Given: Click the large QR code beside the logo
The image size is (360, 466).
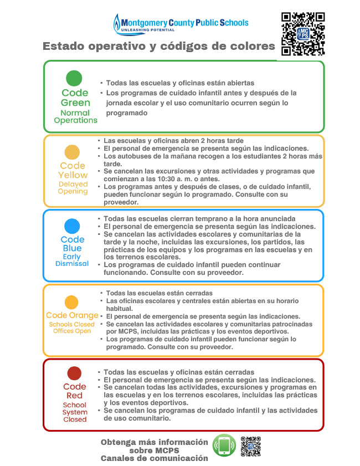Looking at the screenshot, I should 302,34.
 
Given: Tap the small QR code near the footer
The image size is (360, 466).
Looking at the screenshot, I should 250,446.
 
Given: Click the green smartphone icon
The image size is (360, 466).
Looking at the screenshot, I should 224,445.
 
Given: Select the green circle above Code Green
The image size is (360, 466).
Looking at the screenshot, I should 74,78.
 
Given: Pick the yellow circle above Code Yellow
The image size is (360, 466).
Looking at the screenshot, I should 72,152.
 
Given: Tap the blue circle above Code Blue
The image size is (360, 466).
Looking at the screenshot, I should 72,226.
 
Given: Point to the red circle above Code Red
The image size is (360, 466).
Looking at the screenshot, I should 74,373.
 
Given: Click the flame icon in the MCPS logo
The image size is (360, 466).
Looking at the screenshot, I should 116,23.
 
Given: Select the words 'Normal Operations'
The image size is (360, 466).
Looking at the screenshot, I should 75,116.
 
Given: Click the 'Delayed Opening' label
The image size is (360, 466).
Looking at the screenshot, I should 73,188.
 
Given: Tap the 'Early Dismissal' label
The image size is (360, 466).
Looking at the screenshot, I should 72,260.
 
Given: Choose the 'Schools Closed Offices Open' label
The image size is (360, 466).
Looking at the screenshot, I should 72,327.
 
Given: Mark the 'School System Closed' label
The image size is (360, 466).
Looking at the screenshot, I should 75,412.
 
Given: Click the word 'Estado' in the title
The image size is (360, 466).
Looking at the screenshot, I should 65,46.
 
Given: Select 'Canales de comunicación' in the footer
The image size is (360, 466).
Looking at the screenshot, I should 155,458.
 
